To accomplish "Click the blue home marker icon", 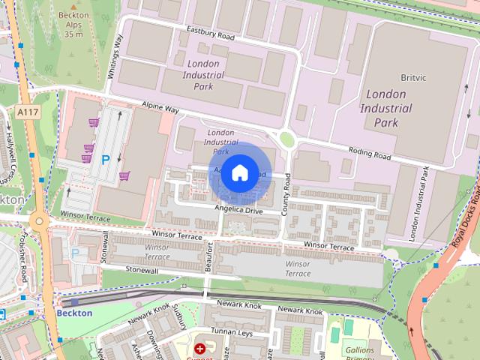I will point(238,173).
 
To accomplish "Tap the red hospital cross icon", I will point(199,349).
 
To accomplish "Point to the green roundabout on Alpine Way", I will point(286,138).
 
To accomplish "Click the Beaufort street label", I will point(210,259).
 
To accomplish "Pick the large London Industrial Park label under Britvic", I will point(386,108).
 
